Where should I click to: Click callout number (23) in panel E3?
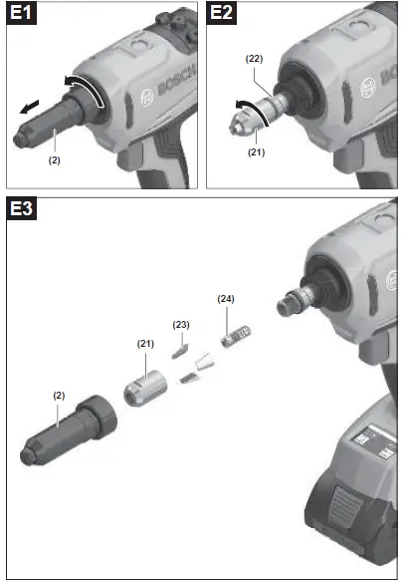tap(181, 325)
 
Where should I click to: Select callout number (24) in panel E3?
tap(227, 298)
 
